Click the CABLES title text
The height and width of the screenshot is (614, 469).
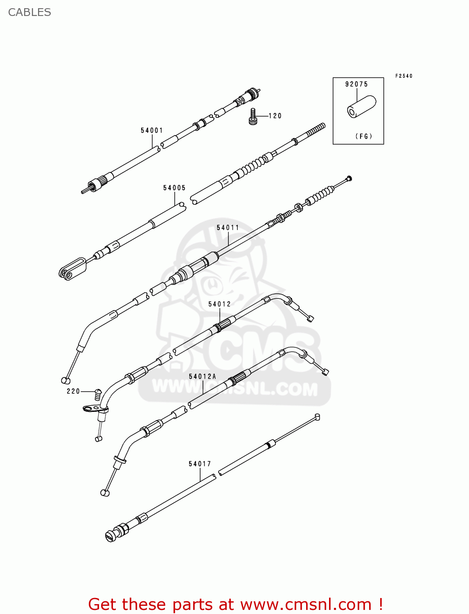click(x=29, y=12)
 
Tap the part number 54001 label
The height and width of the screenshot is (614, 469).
click(x=152, y=131)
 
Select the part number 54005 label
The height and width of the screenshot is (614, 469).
click(x=174, y=188)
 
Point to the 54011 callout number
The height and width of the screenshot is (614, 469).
click(x=228, y=228)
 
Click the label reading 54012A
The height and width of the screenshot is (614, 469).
click(x=202, y=376)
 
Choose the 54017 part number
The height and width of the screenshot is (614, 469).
click(x=200, y=464)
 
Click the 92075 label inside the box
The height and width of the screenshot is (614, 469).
click(x=356, y=84)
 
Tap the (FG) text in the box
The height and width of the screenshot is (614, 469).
click(x=364, y=136)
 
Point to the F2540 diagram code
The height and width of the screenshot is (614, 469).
click(x=404, y=76)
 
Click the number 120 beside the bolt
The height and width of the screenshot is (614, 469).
click(x=275, y=116)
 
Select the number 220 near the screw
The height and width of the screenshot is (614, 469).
click(x=73, y=391)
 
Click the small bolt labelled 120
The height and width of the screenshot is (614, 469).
click(x=253, y=116)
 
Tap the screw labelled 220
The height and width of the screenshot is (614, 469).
click(x=97, y=394)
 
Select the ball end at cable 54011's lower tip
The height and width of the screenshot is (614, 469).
click(x=65, y=380)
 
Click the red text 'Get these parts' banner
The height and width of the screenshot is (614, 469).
click(x=235, y=604)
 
